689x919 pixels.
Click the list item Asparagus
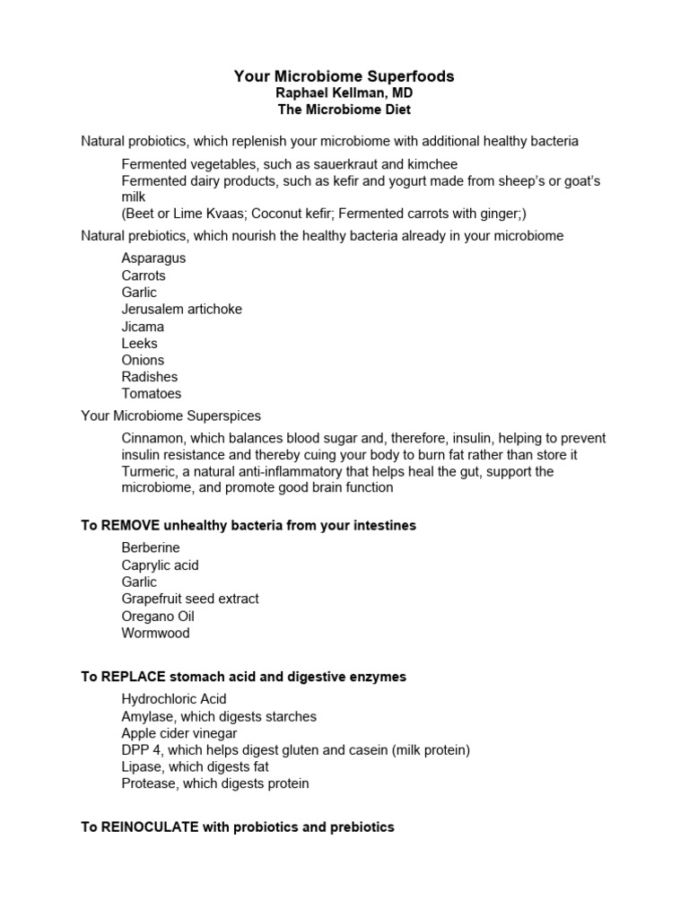(154, 258)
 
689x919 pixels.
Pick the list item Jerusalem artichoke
(182, 309)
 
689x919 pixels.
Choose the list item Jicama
(144, 326)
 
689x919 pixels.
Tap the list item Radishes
(150, 377)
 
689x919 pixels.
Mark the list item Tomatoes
(152, 393)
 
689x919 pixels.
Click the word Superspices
(222, 416)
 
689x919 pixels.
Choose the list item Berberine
(151, 547)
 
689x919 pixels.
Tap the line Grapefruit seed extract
(190, 599)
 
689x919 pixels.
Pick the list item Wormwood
(156, 633)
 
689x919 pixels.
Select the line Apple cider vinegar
(179, 733)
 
